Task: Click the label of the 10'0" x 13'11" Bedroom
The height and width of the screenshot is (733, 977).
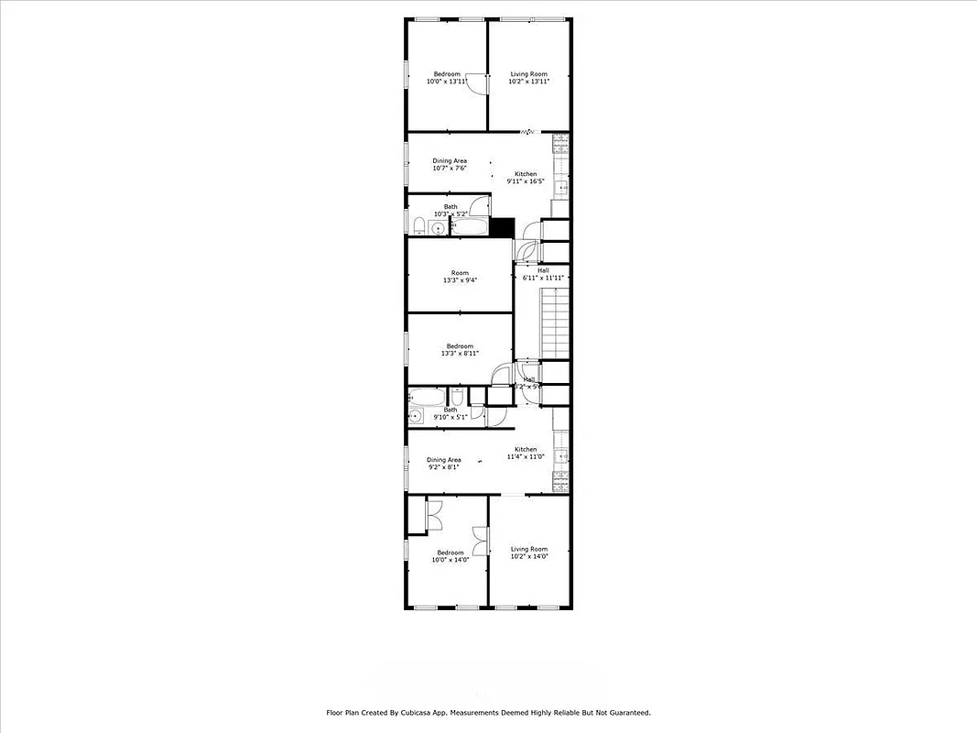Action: click(x=447, y=78)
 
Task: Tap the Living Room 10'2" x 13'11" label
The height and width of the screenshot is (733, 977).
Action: click(x=528, y=78)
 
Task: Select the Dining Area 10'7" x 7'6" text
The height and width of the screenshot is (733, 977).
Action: click(x=450, y=165)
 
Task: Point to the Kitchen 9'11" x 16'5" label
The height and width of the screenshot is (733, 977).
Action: click(x=526, y=178)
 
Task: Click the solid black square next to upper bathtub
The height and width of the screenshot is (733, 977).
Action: click(x=503, y=227)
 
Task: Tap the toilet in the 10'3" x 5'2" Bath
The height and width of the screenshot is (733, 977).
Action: click(x=418, y=226)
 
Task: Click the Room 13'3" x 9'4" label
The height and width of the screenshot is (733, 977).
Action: click(x=459, y=277)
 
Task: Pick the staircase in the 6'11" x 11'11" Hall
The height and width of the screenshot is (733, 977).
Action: click(x=556, y=322)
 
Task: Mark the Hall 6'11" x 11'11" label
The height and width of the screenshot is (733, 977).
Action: click(x=543, y=274)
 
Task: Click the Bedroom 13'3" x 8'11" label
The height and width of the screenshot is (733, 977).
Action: click(x=459, y=349)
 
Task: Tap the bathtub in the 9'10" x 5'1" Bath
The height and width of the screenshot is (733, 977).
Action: click(x=426, y=398)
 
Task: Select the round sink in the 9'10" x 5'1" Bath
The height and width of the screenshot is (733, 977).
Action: click(x=415, y=417)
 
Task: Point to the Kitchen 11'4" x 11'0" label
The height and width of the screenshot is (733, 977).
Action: click(x=526, y=453)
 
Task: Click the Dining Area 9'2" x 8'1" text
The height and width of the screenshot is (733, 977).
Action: click(x=444, y=464)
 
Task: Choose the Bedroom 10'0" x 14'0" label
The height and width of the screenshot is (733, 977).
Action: click(x=450, y=556)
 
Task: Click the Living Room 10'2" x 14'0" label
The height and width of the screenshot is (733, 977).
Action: click(x=528, y=552)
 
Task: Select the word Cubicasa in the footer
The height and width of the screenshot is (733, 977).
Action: click(x=412, y=712)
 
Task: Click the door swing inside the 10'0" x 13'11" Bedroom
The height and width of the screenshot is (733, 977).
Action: click(x=474, y=83)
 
